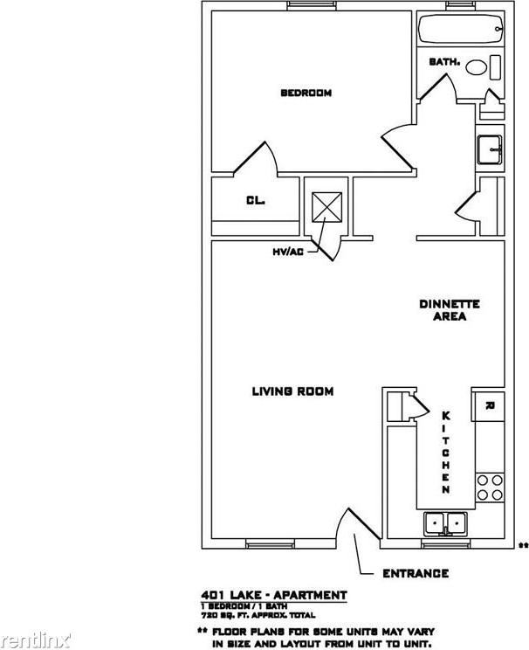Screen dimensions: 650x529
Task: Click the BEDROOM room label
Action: pos(305,93)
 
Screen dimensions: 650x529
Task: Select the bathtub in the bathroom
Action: pos(461,30)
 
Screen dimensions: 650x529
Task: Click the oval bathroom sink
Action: pos(477,66)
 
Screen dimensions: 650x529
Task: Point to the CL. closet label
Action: pos(255,200)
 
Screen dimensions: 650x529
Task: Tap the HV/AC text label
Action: pos(287,252)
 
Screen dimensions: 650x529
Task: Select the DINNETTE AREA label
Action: pos(450,310)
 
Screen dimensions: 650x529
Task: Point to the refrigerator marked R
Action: pos(490,405)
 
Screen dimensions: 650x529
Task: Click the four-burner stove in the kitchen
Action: pos(490,487)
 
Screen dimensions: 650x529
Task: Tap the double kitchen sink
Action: pos(446,523)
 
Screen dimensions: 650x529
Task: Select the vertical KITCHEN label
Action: pos(445,453)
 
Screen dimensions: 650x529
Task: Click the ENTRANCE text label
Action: pos(416,574)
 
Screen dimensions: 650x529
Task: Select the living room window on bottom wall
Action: pos(264,544)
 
